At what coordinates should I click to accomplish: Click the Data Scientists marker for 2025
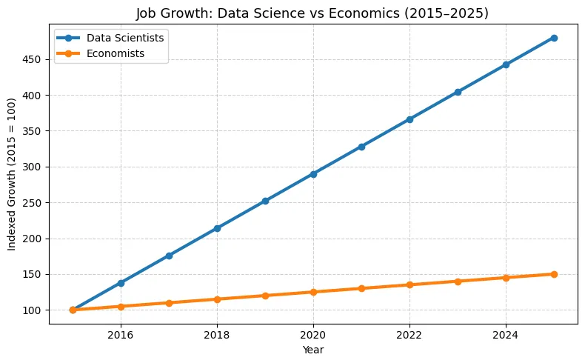pos(554,38)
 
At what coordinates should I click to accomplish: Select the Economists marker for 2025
pos(554,274)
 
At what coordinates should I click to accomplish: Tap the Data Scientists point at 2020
pos(313,174)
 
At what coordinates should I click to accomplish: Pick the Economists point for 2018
pos(217,299)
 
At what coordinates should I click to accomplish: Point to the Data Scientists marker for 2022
pos(409,119)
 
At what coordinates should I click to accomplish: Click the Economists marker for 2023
pos(458,282)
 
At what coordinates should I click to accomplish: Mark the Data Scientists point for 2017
pos(169,256)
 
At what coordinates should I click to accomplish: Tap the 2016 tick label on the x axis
pos(121,333)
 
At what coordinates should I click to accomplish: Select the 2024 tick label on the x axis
pos(506,333)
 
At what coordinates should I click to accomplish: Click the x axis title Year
pos(313,349)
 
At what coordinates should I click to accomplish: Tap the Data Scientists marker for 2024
pos(506,65)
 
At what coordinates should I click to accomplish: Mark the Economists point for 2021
pos(361,288)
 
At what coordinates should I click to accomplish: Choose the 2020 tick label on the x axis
pos(313,333)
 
